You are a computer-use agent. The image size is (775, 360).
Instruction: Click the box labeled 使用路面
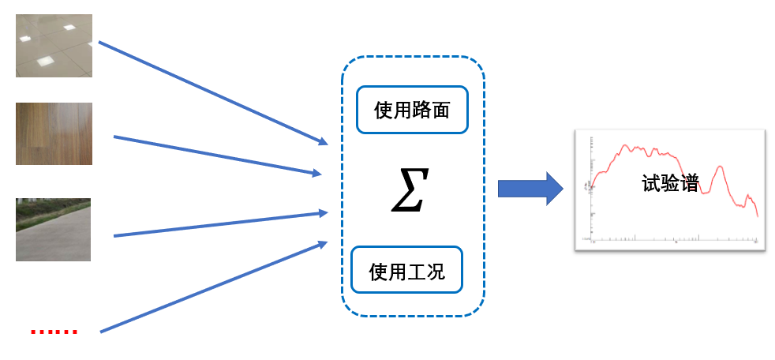pyautogui.click(x=413, y=109)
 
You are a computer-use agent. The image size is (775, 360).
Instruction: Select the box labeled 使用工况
pyautogui.click(x=406, y=271)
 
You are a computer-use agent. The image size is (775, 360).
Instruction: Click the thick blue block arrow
pyautogui.click(x=525, y=189)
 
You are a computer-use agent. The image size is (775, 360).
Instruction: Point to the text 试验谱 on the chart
pyautogui.click(x=670, y=185)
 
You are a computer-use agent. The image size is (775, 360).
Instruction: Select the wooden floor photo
pyautogui.click(x=54, y=133)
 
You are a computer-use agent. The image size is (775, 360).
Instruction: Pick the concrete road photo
pyautogui.click(x=53, y=230)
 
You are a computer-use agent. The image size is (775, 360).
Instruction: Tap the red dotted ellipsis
pyautogui.click(x=54, y=332)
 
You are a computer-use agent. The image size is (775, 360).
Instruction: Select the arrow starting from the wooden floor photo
pyautogui.click(x=217, y=155)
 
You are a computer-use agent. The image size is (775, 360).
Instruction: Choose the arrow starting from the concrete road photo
pyautogui.click(x=221, y=224)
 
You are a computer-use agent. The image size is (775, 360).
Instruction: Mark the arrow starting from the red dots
pyautogui.click(x=213, y=287)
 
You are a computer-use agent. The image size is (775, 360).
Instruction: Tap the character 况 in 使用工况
pyautogui.click(x=435, y=271)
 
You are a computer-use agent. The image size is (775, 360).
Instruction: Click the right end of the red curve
pyautogui.click(x=757, y=216)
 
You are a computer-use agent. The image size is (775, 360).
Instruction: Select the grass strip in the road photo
pyautogui.click(x=47, y=209)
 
